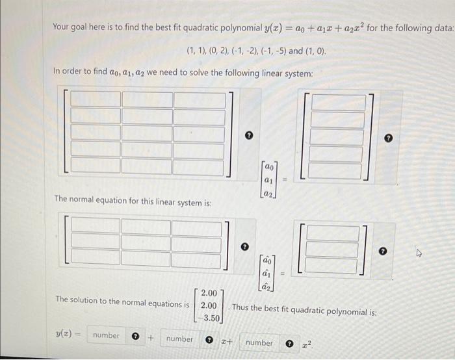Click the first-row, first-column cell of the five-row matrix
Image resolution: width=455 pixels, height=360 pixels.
point(96,99)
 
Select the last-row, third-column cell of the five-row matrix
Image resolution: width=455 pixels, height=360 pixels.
point(198,166)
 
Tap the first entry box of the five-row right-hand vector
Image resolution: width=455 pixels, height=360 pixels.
point(336,103)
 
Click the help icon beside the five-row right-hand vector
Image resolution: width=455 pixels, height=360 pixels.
point(388,138)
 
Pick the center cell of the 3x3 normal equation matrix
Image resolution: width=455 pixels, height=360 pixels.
point(147,241)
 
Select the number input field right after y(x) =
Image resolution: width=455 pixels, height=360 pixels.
point(105,336)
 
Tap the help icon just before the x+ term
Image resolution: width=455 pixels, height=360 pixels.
point(210,340)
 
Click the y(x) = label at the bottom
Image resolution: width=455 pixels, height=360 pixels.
point(67,335)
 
